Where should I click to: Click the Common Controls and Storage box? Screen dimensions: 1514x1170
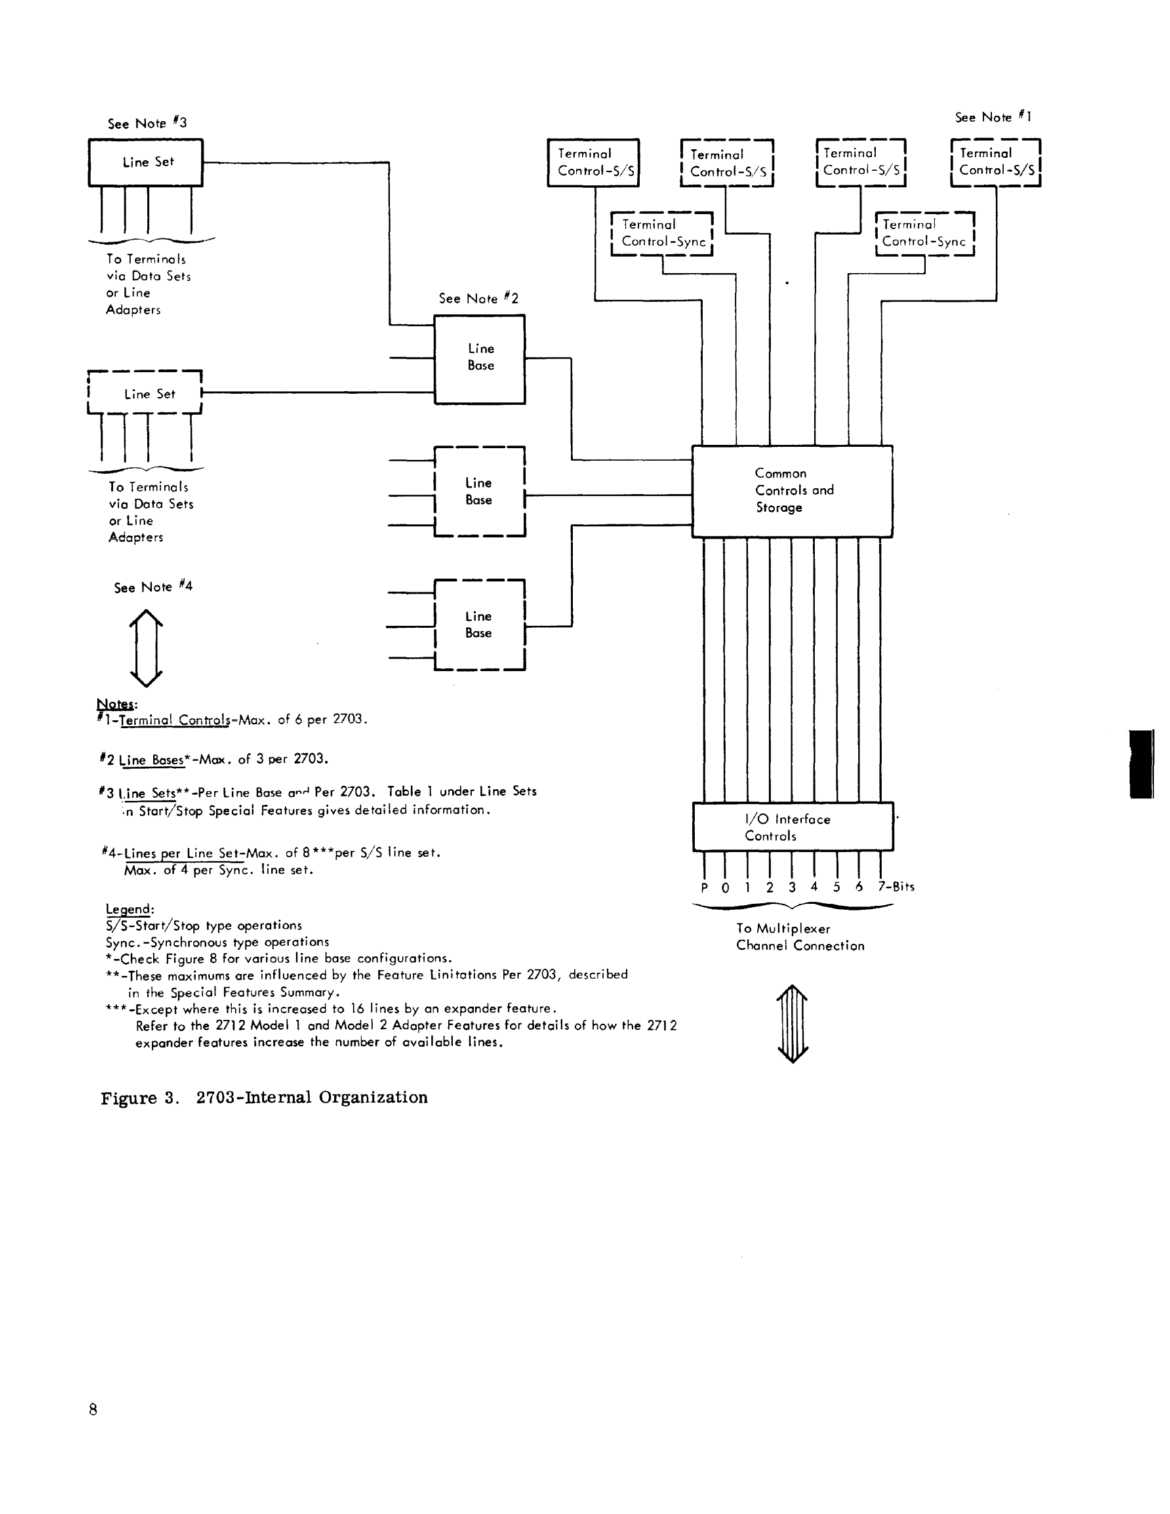tap(792, 491)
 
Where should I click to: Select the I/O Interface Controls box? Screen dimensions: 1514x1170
tap(793, 827)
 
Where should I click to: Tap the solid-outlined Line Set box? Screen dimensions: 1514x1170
tap(146, 162)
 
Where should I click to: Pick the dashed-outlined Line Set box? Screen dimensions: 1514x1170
tap(145, 393)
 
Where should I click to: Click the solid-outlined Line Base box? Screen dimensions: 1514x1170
tap(479, 359)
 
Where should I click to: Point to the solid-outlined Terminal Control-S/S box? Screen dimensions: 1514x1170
tap(593, 162)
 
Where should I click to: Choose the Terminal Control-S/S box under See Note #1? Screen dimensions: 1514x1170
tap(996, 162)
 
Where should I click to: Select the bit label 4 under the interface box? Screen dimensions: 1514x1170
tap(815, 886)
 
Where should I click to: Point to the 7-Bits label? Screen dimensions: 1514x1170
tap(896, 886)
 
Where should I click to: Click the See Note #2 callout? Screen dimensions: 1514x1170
tap(478, 299)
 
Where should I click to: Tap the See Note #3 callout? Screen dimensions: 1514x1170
tap(147, 123)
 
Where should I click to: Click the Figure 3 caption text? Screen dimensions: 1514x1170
tap(264, 1098)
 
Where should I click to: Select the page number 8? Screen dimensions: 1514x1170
tap(93, 1409)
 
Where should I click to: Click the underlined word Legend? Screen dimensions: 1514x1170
tap(129, 909)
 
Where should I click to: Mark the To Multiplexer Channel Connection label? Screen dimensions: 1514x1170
tap(799, 937)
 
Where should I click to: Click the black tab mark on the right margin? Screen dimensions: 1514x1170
tap(1142, 764)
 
